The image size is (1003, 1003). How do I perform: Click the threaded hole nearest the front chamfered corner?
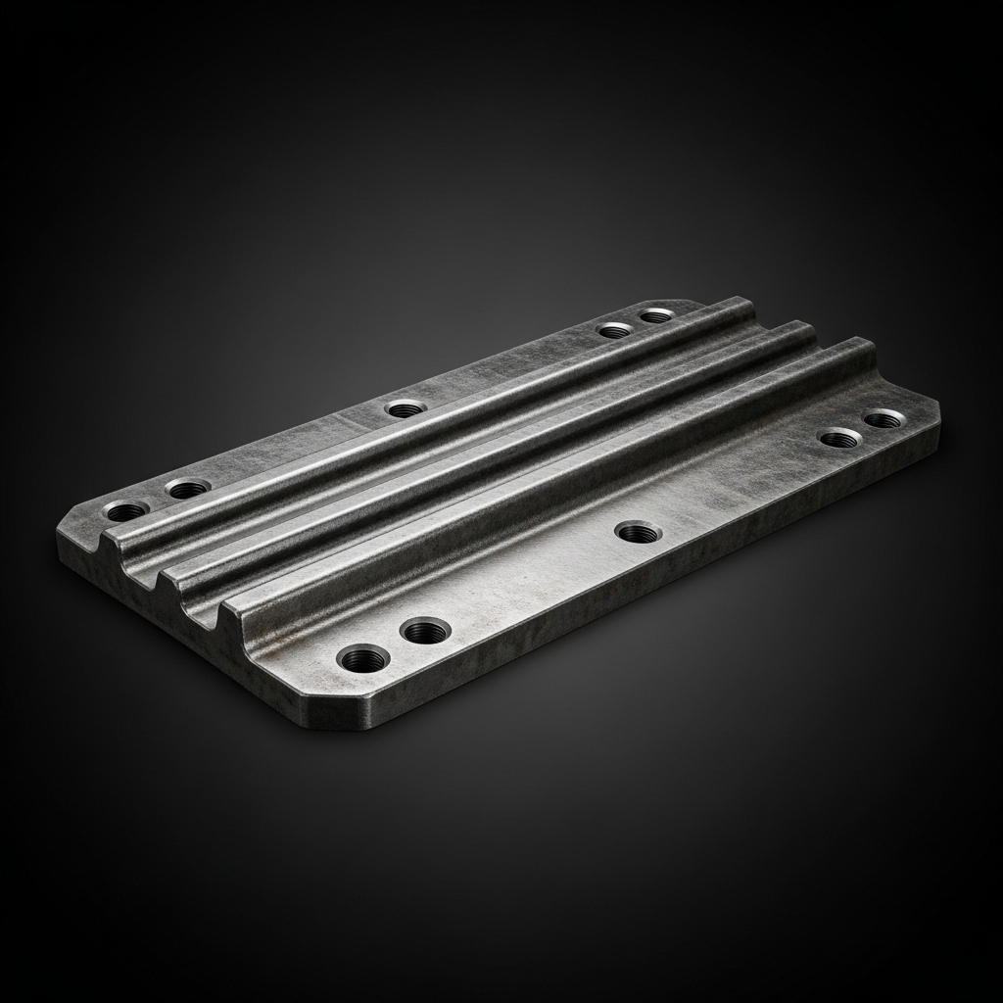pyautogui.click(x=362, y=657)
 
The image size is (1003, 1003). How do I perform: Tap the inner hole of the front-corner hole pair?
pyautogui.click(x=424, y=631)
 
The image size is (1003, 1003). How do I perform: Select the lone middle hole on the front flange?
pyautogui.click(x=638, y=533)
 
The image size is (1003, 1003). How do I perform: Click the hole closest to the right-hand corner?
pyautogui.click(x=884, y=419)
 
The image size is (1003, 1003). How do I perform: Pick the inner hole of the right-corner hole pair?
pyautogui.click(x=840, y=438)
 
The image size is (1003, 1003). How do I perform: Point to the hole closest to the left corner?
pyautogui.click(x=126, y=510)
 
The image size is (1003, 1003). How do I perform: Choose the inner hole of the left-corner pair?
pyautogui.click(x=187, y=487)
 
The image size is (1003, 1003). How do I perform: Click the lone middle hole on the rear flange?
pyautogui.click(x=405, y=408)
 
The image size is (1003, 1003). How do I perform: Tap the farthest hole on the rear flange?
pyautogui.click(x=656, y=315)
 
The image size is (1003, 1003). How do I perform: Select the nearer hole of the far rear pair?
pyautogui.click(x=615, y=330)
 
